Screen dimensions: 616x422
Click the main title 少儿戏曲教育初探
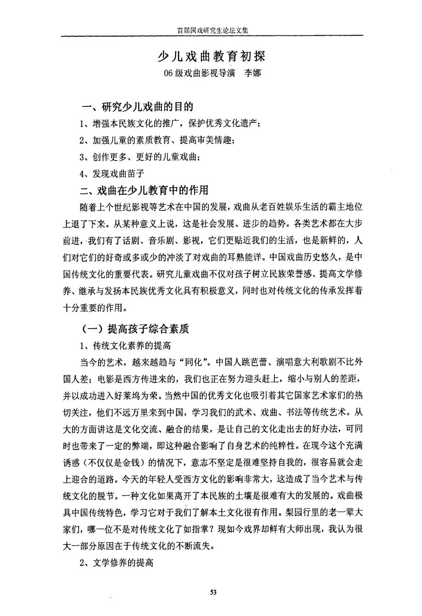(x=211, y=56)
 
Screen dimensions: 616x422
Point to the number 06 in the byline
(x=168, y=73)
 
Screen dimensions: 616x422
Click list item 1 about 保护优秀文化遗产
(x=170, y=124)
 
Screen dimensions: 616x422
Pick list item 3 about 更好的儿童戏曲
(x=140, y=157)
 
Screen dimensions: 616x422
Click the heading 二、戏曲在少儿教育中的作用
(x=144, y=190)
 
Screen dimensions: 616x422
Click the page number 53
(x=212, y=592)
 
